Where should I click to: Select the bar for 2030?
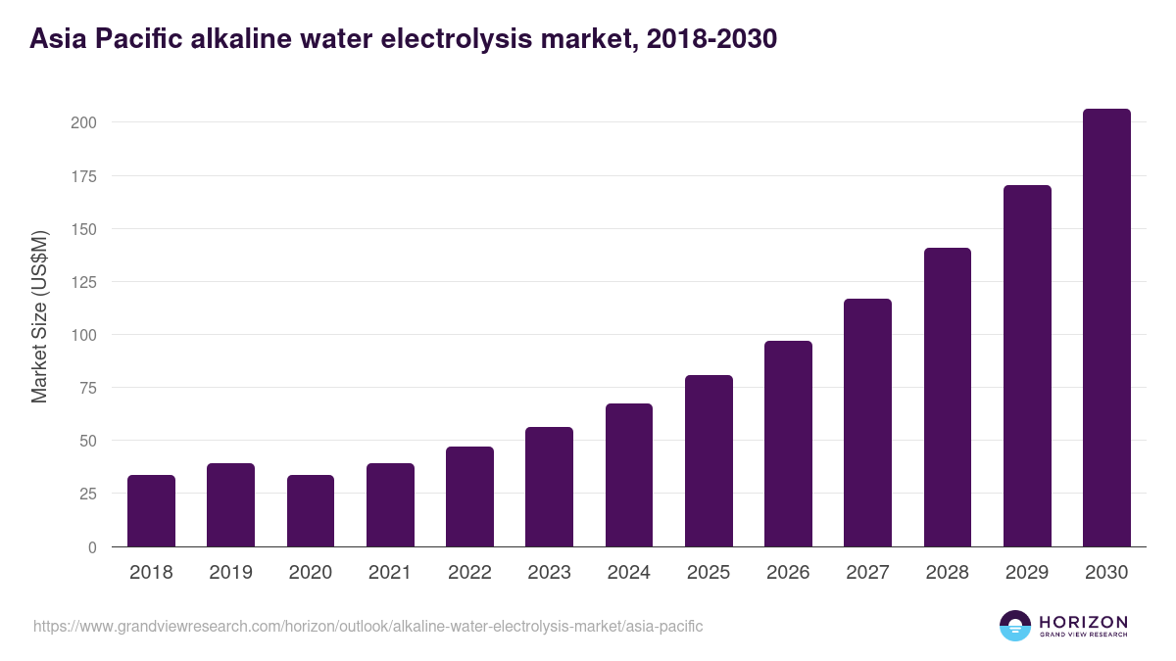click(x=1106, y=328)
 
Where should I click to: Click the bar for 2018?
click(x=151, y=511)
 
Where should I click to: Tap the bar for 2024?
click(x=629, y=475)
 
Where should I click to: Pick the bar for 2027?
click(x=867, y=423)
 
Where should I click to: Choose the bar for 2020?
click(x=311, y=511)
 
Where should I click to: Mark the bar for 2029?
click(x=1027, y=366)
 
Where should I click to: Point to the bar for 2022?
click(x=469, y=496)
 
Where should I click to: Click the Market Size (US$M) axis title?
click(x=39, y=317)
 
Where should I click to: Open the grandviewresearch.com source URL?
click(x=367, y=626)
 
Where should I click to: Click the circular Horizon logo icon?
click(x=1015, y=626)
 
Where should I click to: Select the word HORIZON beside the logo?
click(x=1083, y=621)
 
